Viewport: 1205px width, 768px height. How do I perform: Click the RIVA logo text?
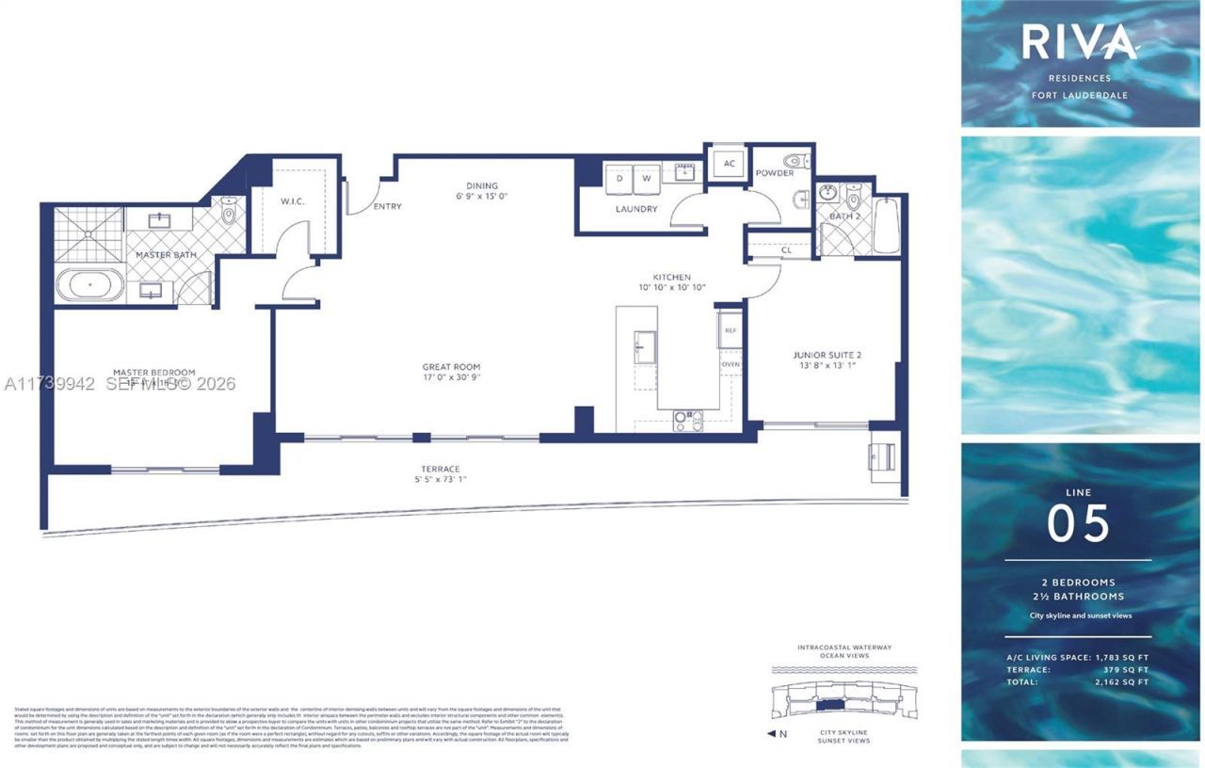(1079, 42)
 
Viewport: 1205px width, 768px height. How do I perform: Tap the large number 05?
(1079, 525)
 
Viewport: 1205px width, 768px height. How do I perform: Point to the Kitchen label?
(673, 278)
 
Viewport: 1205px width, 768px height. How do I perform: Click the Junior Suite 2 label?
(827, 355)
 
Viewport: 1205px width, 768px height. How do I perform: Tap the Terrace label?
(440, 469)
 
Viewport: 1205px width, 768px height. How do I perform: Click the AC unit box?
(729, 163)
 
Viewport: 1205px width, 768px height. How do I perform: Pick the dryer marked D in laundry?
(619, 176)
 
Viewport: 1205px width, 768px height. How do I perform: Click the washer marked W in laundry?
(647, 176)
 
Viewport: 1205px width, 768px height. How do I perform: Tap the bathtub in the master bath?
(89, 284)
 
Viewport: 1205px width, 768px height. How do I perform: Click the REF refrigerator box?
(731, 331)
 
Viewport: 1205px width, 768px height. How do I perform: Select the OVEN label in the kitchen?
(731, 363)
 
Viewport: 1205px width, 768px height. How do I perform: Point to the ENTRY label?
(387, 206)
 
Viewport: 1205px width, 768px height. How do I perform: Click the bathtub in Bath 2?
(886, 226)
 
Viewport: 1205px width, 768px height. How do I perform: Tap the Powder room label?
(774, 173)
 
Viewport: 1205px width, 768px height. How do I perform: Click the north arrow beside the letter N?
(772, 734)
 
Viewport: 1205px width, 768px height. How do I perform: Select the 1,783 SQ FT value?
(1124, 657)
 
